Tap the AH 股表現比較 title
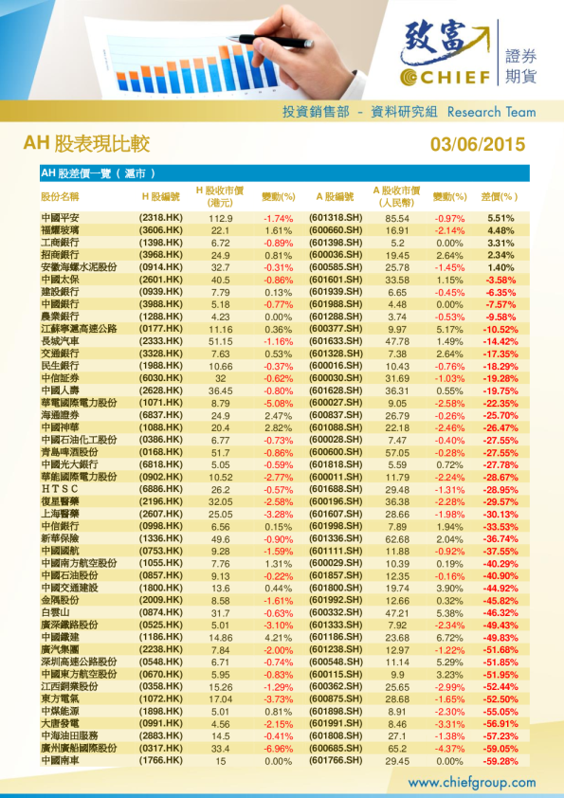pos(86,144)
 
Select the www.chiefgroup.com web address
pos(471,782)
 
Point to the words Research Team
pos(490,112)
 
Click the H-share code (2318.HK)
pos(160,218)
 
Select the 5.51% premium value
pos(500,218)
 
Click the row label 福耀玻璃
pos(61,230)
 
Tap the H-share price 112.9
pos(220,218)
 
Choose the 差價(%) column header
pos(500,196)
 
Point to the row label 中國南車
pos(61,760)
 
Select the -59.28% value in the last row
pos(500,760)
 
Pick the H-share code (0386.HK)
pos(160,440)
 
